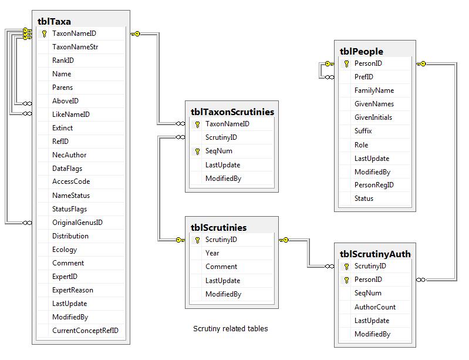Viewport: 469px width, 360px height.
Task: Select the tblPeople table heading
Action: pos(361,51)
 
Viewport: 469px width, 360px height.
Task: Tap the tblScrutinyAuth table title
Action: pos(375,254)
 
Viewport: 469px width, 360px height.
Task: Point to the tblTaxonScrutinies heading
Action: pos(232,111)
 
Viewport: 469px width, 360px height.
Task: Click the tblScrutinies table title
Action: pos(219,227)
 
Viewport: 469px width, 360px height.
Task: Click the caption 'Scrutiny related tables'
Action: pos(230,328)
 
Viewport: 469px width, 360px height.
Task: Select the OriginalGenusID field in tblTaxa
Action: pos(77,223)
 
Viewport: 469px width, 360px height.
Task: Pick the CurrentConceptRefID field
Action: pos(85,331)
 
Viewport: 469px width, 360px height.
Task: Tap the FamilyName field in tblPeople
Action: pos(374,90)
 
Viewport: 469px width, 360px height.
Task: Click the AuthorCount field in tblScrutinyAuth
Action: pos(374,307)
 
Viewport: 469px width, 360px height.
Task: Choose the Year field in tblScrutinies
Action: pos(212,253)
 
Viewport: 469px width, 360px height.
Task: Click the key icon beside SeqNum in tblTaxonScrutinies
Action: pos(197,152)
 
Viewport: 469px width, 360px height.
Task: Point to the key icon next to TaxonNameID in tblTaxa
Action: pos(44,33)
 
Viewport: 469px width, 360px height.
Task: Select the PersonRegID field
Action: pos(374,185)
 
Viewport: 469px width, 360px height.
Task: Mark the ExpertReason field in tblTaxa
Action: pos(72,290)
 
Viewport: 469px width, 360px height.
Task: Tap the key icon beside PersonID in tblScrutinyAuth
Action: pos(346,280)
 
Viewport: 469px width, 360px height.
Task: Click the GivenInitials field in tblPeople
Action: pos(373,117)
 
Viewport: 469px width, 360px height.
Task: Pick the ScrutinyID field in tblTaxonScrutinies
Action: pos(221,137)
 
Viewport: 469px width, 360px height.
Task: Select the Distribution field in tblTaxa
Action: pos(70,236)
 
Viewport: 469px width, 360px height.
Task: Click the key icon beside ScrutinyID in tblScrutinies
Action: pos(197,240)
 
